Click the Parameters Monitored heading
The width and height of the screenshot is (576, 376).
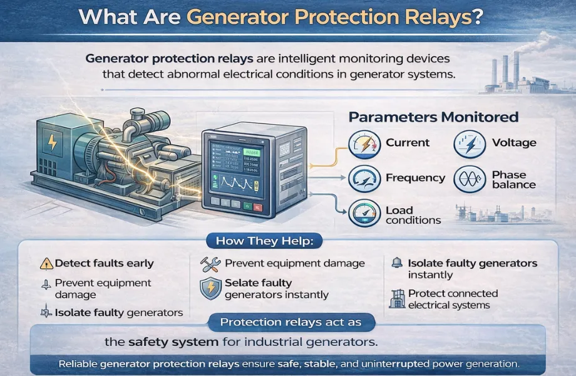(x=433, y=117)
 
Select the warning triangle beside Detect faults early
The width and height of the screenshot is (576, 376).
(x=46, y=264)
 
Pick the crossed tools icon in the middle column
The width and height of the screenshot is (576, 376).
(x=209, y=264)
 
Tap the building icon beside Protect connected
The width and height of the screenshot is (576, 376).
(x=396, y=299)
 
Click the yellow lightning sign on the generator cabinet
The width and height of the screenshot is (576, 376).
(x=53, y=144)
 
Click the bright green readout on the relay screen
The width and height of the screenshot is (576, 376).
(x=254, y=152)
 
